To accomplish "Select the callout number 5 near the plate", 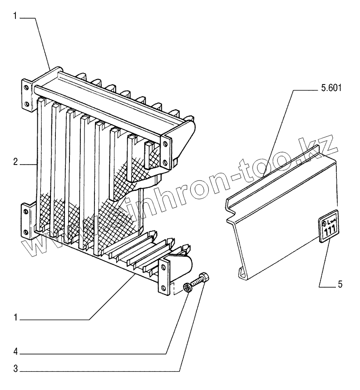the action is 340,285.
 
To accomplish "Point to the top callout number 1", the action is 15,16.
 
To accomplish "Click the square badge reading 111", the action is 328,226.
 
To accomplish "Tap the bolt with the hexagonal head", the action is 199,280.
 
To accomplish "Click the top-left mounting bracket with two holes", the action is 26,95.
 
